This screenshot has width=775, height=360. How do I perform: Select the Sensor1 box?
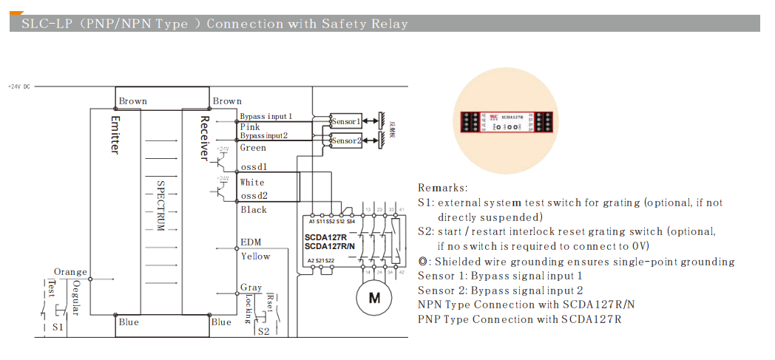click(345, 121)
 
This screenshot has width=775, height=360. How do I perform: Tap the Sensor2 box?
click(345, 140)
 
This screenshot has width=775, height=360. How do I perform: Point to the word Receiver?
click(205, 137)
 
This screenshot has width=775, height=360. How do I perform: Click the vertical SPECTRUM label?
click(160, 203)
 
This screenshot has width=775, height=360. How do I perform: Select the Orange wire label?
click(70, 272)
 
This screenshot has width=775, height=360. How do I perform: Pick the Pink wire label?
click(250, 127)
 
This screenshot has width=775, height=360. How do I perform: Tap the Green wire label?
click(253, 148)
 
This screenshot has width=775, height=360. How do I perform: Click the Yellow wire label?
click(255, 257)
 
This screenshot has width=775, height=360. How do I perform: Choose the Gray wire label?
click(251, 288)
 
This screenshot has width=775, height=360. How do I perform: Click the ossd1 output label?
click(253, 166)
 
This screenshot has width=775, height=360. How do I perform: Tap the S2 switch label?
click(263, 331)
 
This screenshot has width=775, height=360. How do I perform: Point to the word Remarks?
click(442, 189)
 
